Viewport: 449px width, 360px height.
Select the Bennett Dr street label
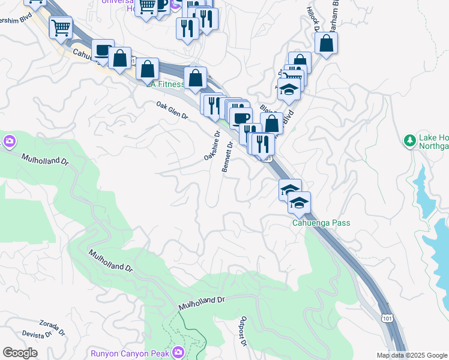click(228, 157)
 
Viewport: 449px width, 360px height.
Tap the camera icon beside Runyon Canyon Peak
click(178, 352)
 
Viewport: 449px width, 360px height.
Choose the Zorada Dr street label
click(52, 326)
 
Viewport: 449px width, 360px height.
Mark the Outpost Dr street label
click(244, 331)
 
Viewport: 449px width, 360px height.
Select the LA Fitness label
click(166, 85)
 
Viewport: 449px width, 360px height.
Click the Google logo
click(20, 353)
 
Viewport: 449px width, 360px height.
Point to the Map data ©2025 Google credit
click(412, 355)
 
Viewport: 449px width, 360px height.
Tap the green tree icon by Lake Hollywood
click(410, 140)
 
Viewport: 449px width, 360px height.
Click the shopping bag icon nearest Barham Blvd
click(326, 43)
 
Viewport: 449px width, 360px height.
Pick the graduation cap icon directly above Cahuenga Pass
click(298, 203)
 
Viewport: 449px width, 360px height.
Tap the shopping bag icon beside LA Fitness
click(196, 77)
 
